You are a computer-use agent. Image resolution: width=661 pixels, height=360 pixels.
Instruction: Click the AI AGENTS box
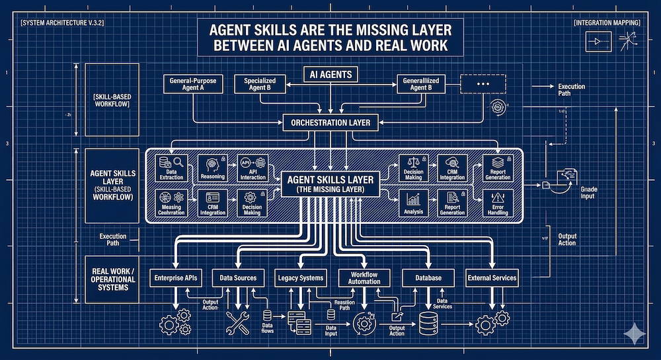tap(331, 74)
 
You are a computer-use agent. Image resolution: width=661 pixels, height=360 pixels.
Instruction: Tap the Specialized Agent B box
tap(260, 85)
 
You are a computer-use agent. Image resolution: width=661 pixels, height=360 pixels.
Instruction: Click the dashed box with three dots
tap(483, 84)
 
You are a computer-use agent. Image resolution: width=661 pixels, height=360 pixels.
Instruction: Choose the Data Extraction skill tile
tap(172, 168)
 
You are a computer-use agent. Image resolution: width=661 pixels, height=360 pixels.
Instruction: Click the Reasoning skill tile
tap(212, 168)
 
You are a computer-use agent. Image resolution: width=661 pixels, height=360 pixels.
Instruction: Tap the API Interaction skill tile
tap(252, 168)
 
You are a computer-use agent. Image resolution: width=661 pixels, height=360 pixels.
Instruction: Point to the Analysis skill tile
tap(413, 202)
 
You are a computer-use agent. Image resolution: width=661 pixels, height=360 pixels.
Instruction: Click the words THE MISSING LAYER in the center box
tap(330, 190)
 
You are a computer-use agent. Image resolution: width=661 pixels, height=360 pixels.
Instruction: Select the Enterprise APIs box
tap(176, 278)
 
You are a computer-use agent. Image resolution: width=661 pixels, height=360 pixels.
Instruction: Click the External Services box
tap(492, 278)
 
